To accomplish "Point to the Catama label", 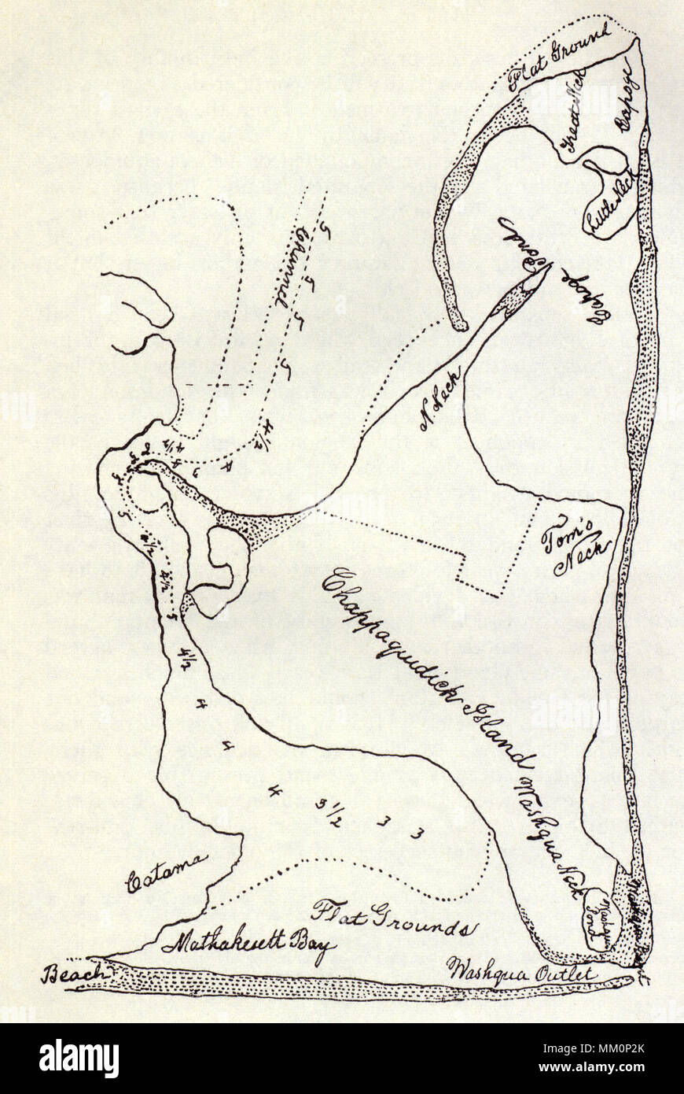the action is pyautogui.click(x=167, y=872).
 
